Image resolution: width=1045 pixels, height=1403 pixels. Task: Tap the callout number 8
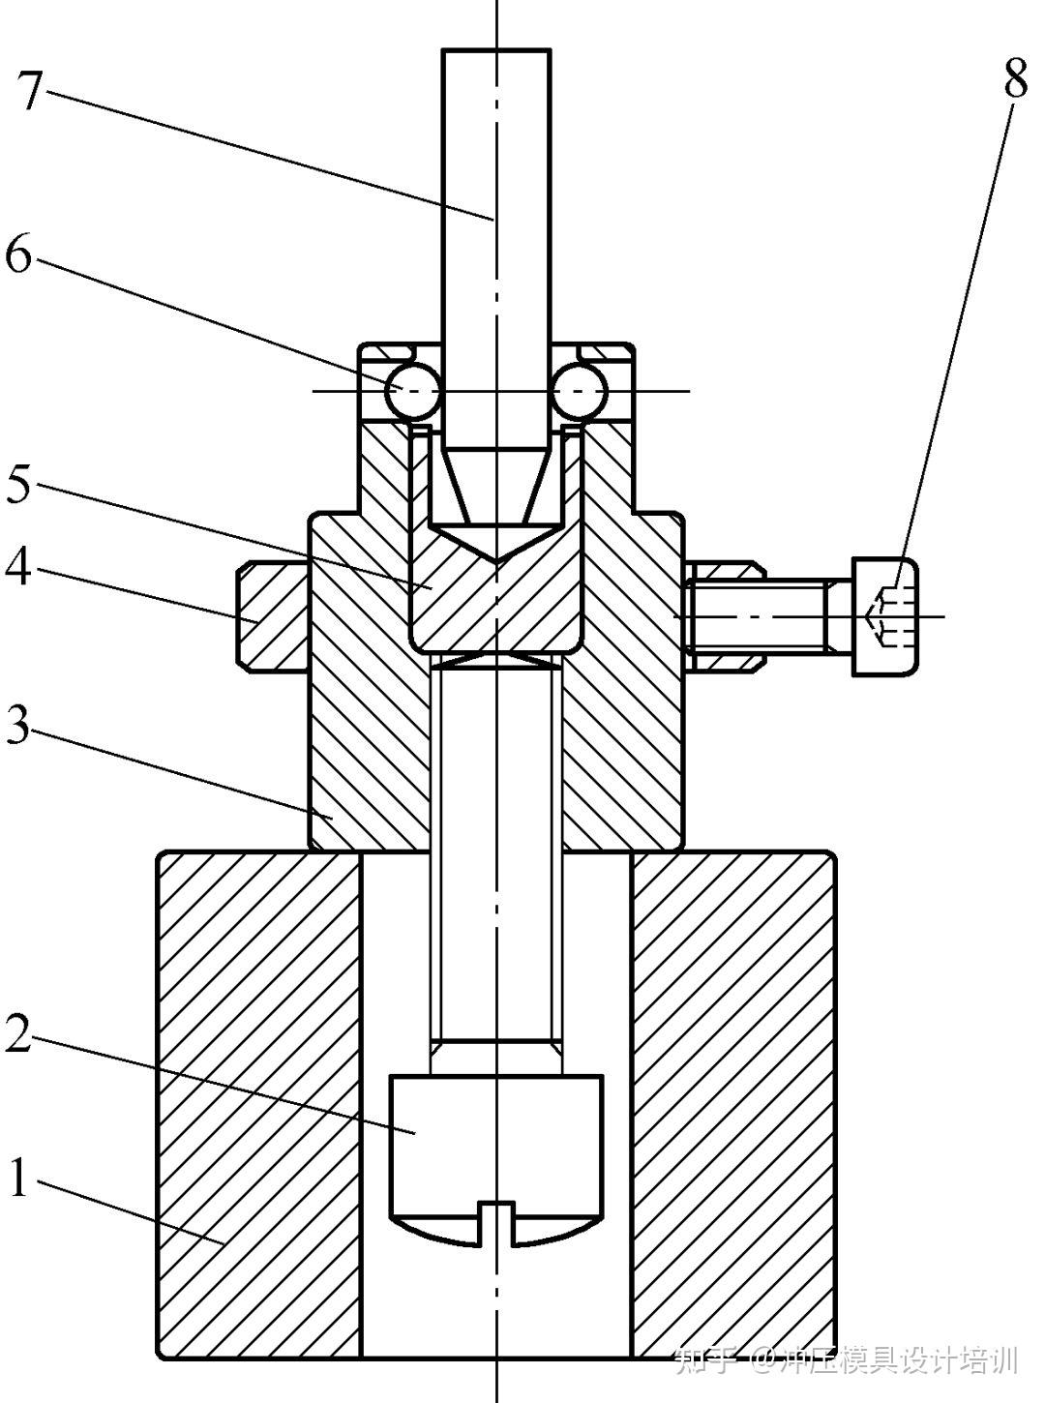1016,76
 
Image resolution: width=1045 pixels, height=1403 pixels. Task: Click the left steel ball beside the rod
413,391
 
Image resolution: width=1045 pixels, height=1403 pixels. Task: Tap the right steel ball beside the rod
580,391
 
